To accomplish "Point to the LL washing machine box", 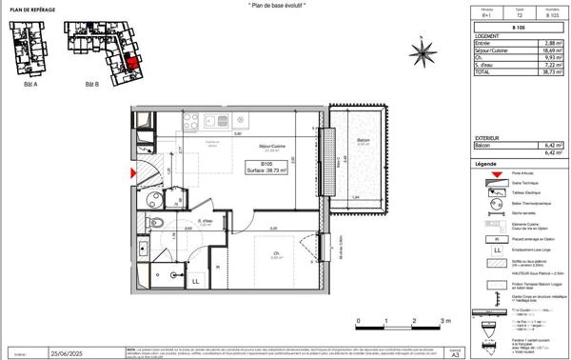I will (x=194, y=281).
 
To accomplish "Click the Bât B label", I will (x=92, y=85).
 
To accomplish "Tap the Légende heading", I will (x=487, y=165).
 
